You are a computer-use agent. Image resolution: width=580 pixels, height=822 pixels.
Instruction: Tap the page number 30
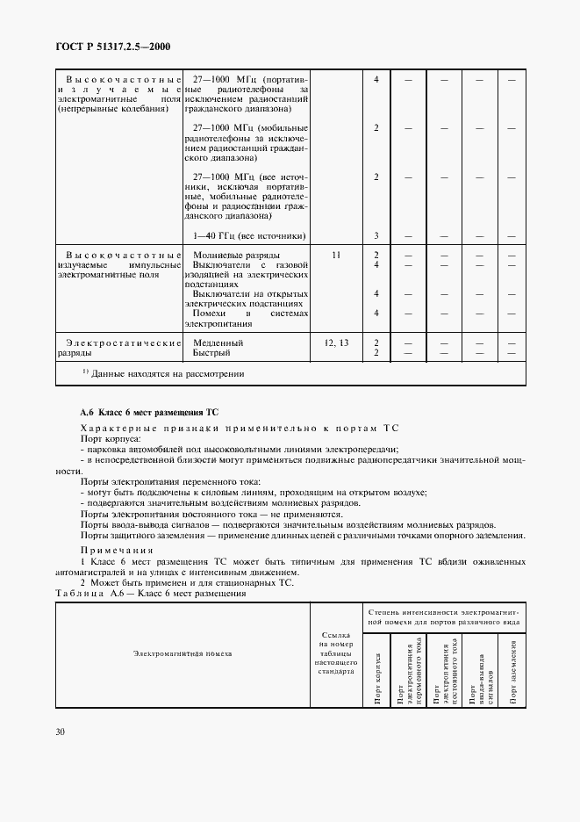[x=62, y=730]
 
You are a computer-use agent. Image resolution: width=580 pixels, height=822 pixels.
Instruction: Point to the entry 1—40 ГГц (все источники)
[x=248, y=235]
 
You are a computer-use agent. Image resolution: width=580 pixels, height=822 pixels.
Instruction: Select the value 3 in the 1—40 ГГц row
[x=376, y=235]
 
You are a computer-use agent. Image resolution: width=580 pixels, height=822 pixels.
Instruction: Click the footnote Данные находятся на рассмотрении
[x=161, y=373]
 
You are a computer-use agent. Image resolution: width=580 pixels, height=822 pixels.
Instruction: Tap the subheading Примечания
[x=114, y=550]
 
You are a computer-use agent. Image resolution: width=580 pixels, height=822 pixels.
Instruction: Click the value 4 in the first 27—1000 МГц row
[x=376, y=80]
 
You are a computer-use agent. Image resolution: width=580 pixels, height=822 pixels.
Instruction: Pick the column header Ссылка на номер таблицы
[x=335, y=653]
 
